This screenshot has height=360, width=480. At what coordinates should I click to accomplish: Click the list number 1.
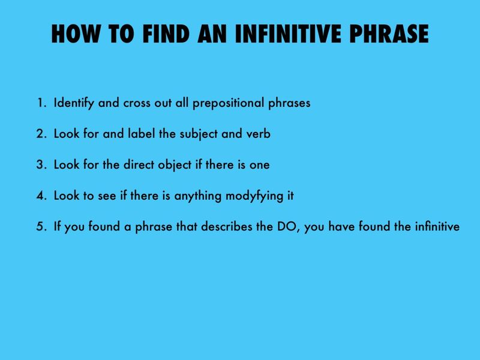coord(40,103)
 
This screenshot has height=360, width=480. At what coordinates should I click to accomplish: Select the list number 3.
coord(40,165)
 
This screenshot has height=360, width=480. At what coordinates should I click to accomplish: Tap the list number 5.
coord(40,227)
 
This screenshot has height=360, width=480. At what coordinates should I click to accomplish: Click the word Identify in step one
coord(76,103)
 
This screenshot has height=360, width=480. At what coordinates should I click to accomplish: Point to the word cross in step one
coord(137,103)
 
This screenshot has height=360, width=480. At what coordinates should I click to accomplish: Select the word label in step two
coord(140,134)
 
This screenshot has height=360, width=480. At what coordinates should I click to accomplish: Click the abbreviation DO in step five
coord(288,227)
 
